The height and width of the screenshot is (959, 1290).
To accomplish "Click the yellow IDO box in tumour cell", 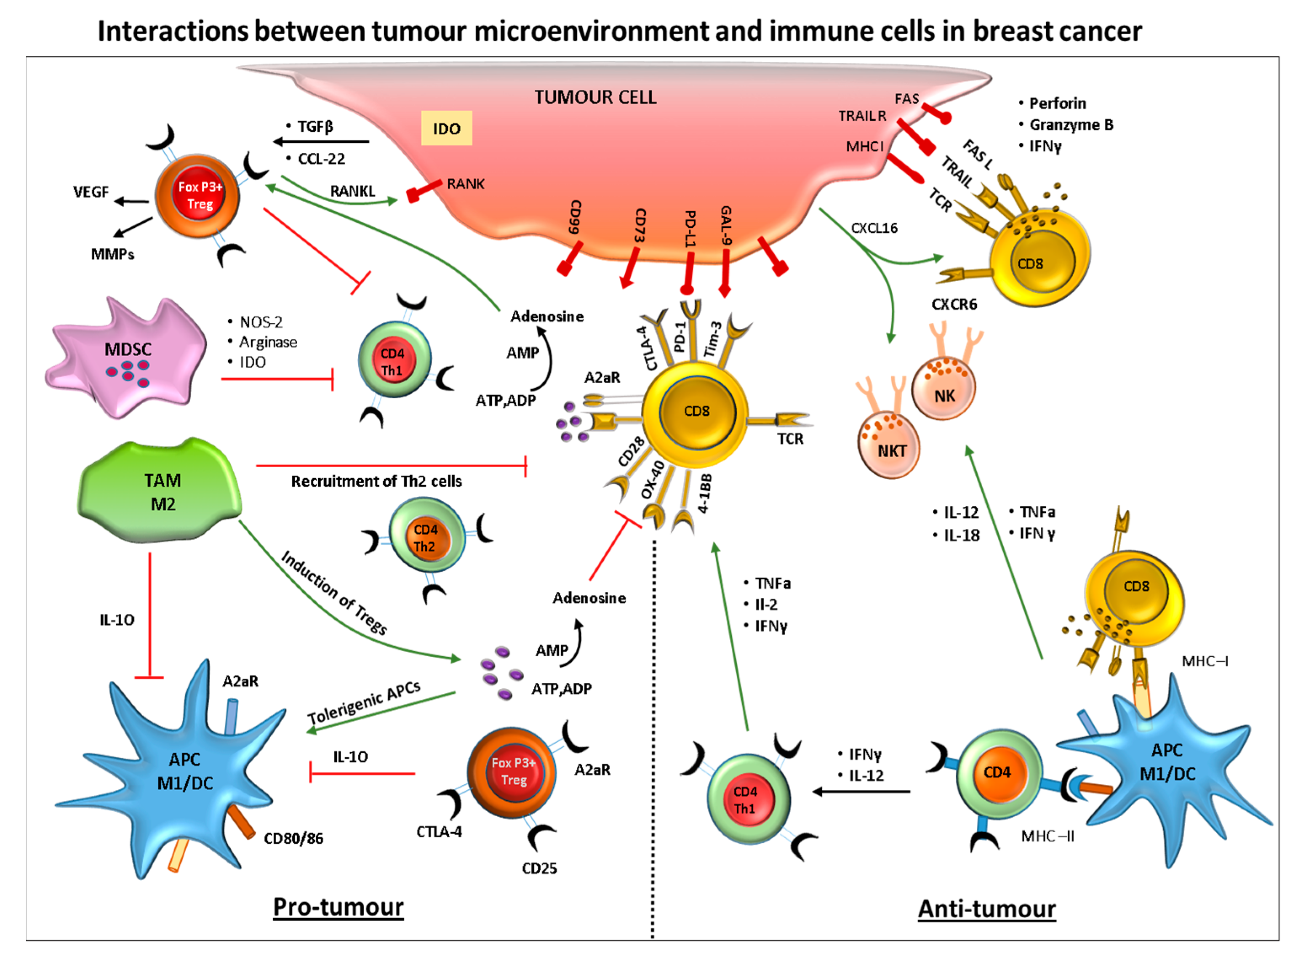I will coord(446,128).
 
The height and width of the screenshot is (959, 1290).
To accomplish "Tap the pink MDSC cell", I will coord(128,357).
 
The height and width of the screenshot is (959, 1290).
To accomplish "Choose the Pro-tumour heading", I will coord(338,907).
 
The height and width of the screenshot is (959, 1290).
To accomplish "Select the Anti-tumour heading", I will coord(986,908).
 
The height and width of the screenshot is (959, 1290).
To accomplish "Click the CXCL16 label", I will coord(874,228).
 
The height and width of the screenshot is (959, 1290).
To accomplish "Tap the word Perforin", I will coord(1057,103).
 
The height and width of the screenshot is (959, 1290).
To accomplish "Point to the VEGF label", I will coord(91,192).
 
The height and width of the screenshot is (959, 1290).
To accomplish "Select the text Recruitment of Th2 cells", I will coord(376,481).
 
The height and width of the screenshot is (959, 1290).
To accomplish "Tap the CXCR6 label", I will coord(954,304).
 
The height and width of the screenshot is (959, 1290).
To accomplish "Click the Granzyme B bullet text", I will coord(1071,125).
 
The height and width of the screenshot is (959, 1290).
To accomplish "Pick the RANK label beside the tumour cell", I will coord(465,184).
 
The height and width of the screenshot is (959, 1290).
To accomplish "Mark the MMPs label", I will coord(112,254).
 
